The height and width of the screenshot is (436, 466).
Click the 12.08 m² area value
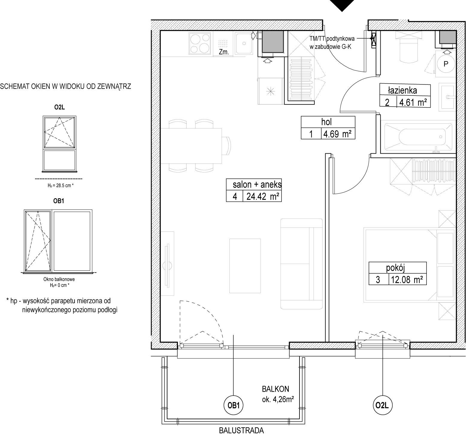click(x=407, y=280)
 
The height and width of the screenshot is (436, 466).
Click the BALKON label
click(x=276, y=389)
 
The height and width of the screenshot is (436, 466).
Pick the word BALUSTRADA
click(x=241, y=431)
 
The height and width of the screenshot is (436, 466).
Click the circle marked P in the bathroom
click(x=446, y=64)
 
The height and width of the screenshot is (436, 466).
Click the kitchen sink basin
click(x=244, y=43)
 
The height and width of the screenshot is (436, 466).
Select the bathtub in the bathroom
click(x=417, y=137)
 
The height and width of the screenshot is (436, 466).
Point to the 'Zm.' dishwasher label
click(x=224, y=52)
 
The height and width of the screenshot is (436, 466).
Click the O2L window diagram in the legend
click(x=60, y=144)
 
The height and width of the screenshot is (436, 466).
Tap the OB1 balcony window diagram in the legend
click(x=58, y=241)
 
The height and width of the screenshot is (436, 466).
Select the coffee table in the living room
click(x=245, y=266)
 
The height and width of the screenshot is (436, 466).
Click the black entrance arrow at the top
click(x=342, y=5)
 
